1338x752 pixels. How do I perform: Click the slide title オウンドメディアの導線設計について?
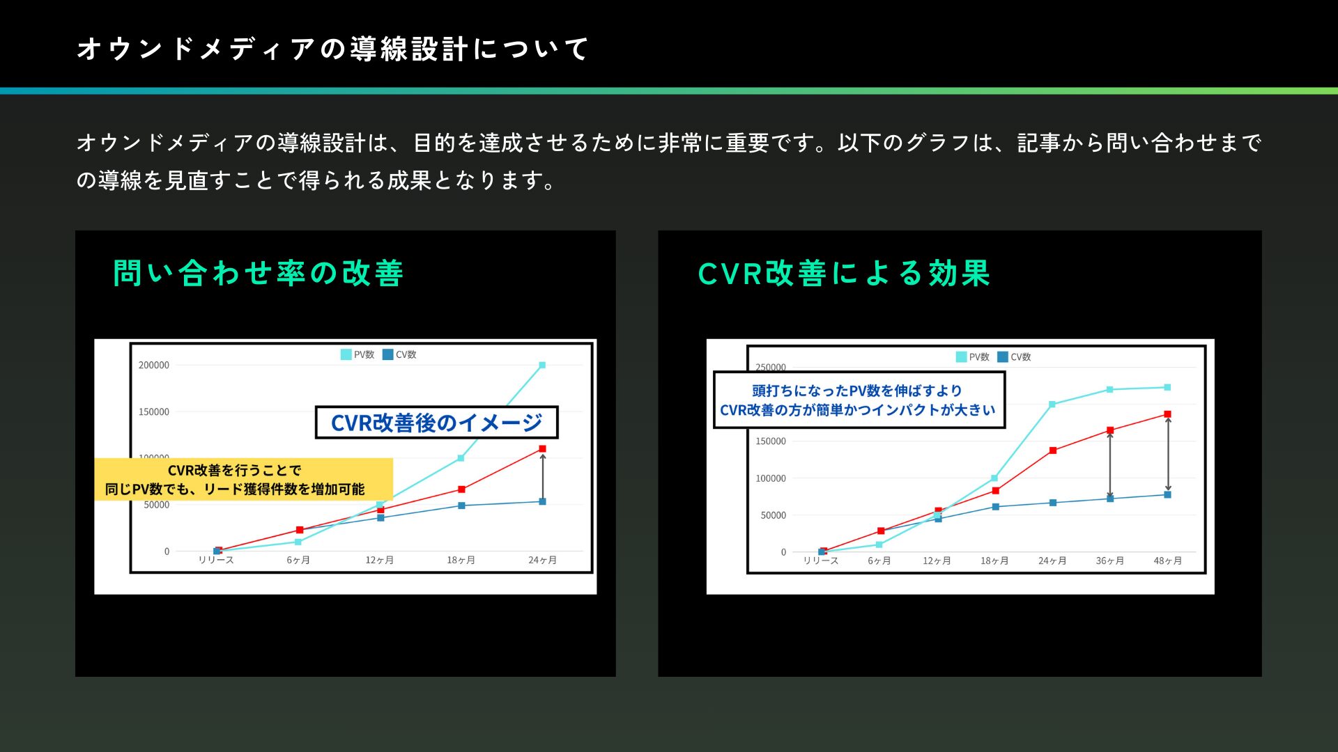(333, 49)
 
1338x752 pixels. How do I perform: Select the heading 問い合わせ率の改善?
(259, 273)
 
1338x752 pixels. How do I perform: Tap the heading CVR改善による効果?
(844, 273)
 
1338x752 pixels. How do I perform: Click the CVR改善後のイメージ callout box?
(437, 423)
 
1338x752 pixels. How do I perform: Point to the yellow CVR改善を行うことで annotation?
(243, 479)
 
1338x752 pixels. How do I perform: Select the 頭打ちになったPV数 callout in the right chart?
(859, 400)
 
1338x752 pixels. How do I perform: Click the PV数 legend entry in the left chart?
(357, 354)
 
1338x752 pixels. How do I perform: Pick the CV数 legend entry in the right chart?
(1014, 357)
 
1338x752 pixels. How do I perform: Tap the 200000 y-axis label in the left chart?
(154, 365)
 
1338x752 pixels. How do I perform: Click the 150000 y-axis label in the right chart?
(771, 441)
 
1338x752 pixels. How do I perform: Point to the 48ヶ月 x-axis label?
(1168, 561)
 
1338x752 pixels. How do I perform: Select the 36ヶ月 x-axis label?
(1110, 561)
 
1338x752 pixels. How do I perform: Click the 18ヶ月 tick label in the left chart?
(461, 560)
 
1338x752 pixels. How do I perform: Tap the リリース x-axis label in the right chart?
(821, 561)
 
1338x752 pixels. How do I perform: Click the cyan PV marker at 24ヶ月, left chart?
(542, 365)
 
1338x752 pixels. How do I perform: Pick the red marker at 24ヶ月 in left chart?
(542, 449)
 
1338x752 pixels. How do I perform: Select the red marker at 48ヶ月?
(1168, 414)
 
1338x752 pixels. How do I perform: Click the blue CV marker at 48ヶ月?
(1168, 495)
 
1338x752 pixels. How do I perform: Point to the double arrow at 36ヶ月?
(1110, 465)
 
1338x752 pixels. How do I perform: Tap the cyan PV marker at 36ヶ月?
(1110, 390)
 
